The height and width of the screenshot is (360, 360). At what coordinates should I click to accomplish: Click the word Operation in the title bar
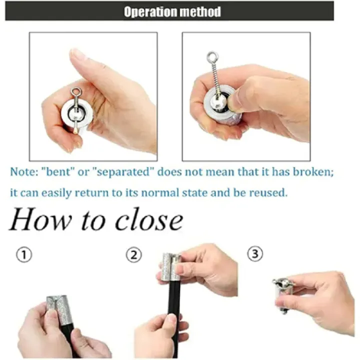click(150, 12)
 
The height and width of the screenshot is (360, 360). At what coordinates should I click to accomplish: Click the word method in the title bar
click(200, 11)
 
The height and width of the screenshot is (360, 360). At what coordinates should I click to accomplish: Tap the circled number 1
click(24, 254)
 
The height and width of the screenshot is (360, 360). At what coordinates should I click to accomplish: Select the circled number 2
click(134, 255)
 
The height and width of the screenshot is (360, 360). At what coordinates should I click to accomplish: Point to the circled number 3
click(255, 253)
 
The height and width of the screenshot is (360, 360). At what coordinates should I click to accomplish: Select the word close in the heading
click(149, 219)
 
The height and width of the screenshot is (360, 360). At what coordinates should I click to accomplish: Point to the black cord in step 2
click(174, 319)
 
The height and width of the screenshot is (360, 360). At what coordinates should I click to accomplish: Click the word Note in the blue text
click(24, 172)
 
